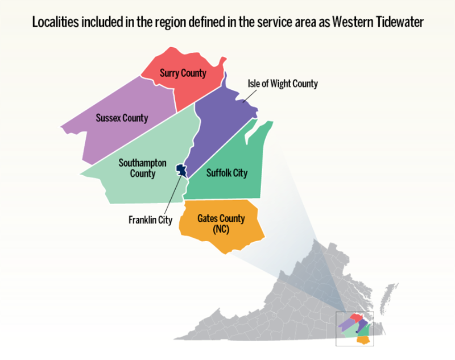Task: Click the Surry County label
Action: pyautogui.click(x=183, y=73)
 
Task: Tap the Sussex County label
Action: pyautogui.click(x=122, y=118)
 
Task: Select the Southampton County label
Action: pyautogui.click(x=142, y=168)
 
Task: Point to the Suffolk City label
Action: pyautogui.click(x=227, y=173)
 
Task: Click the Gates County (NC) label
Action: pyautogui.click(x=221, y=224)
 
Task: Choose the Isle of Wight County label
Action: pyautogui.click(x=283, y=84)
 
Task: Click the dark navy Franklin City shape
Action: pyautogui.click(x=181, y=169)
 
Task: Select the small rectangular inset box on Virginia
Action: pyautogui.click(x=355, y=328)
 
